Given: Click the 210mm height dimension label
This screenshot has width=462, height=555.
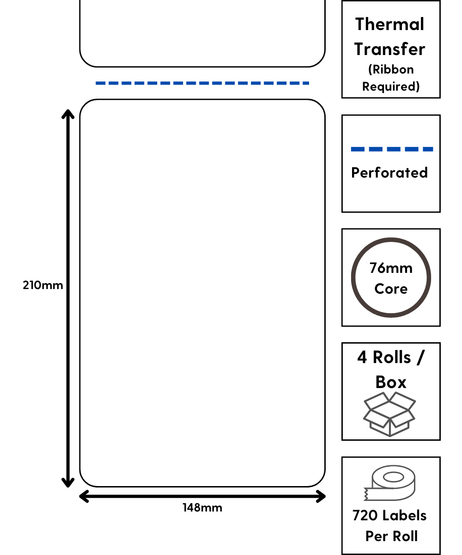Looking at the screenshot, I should tap(43, 285).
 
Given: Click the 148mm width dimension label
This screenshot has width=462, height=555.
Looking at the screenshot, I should tap(202, 508).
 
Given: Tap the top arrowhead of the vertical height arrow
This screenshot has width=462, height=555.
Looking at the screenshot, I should tap(68, 113).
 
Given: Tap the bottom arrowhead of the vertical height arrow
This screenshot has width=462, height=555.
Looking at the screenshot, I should tap(68, 483).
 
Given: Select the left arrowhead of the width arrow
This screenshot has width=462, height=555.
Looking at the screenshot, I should tap(84, 497).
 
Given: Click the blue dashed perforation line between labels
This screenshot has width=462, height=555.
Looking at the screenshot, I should tap(202, 83).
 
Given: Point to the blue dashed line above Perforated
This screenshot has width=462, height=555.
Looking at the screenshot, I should tap(392, 149).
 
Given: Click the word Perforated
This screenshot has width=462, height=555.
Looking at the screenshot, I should tap(389, 173).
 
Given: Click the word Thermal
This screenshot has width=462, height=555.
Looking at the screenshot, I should tap(389, 24).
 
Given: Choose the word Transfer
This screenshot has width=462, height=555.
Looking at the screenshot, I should tap(389, 49).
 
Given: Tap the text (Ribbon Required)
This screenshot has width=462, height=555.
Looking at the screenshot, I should tap(391, 78).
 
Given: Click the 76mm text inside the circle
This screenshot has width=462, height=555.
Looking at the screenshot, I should tap(391, 268).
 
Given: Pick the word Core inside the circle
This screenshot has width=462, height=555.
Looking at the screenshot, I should tap(391, 289).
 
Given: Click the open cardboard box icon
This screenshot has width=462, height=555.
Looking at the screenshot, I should tap(389, 414).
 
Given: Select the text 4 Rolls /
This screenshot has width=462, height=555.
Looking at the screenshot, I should tap(391, 358).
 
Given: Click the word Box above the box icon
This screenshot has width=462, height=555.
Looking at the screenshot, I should tap(391, 382).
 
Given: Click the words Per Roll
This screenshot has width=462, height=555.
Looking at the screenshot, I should tap(391, 536).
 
